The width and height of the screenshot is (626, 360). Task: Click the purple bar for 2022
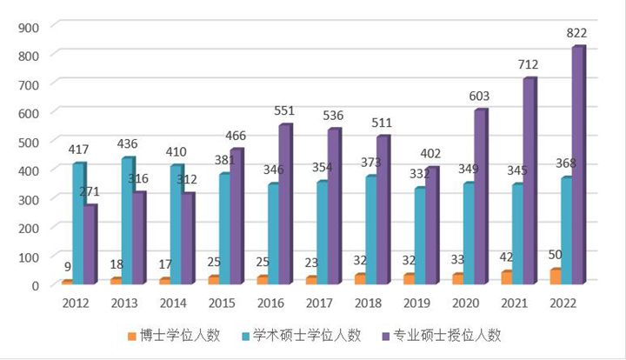click(578, 165)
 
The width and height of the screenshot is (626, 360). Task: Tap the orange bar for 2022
click(556, 276)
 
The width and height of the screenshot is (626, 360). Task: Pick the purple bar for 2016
click(285, 204)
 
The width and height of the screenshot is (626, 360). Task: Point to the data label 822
click(576, 33)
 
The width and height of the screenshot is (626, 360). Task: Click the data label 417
click(79, 150)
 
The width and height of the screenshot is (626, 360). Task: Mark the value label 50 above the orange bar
click(553, 254)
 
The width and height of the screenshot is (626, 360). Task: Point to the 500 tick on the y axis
click(29, 141)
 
